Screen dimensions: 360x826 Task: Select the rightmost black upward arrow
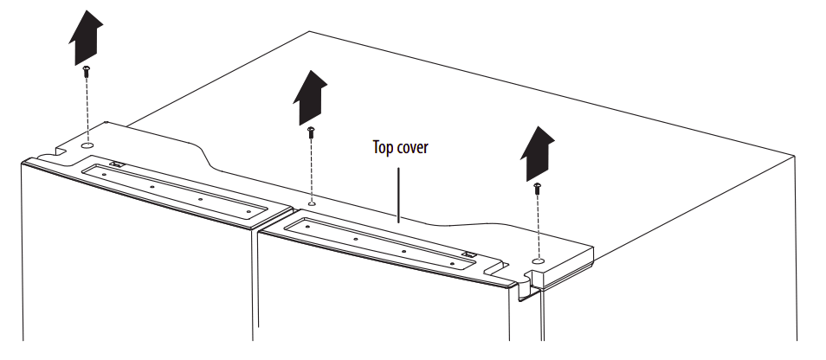(x=536, y=154)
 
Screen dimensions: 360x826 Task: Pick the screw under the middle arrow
(x=310, y=132)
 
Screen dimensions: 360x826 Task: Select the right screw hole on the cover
(x=538, y=259)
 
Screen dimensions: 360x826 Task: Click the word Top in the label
(x=383, y=147)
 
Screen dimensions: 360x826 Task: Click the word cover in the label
(x=413, y=147)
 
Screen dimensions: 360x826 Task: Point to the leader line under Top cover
(x=397, y=195)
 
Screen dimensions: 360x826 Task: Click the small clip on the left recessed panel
(x=115, y=164)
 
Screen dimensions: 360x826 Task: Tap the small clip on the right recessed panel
(x=468, y=254)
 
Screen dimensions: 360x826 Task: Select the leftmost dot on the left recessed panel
(x=103, y=173)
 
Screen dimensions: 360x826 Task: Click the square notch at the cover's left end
(x=60, y=152)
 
